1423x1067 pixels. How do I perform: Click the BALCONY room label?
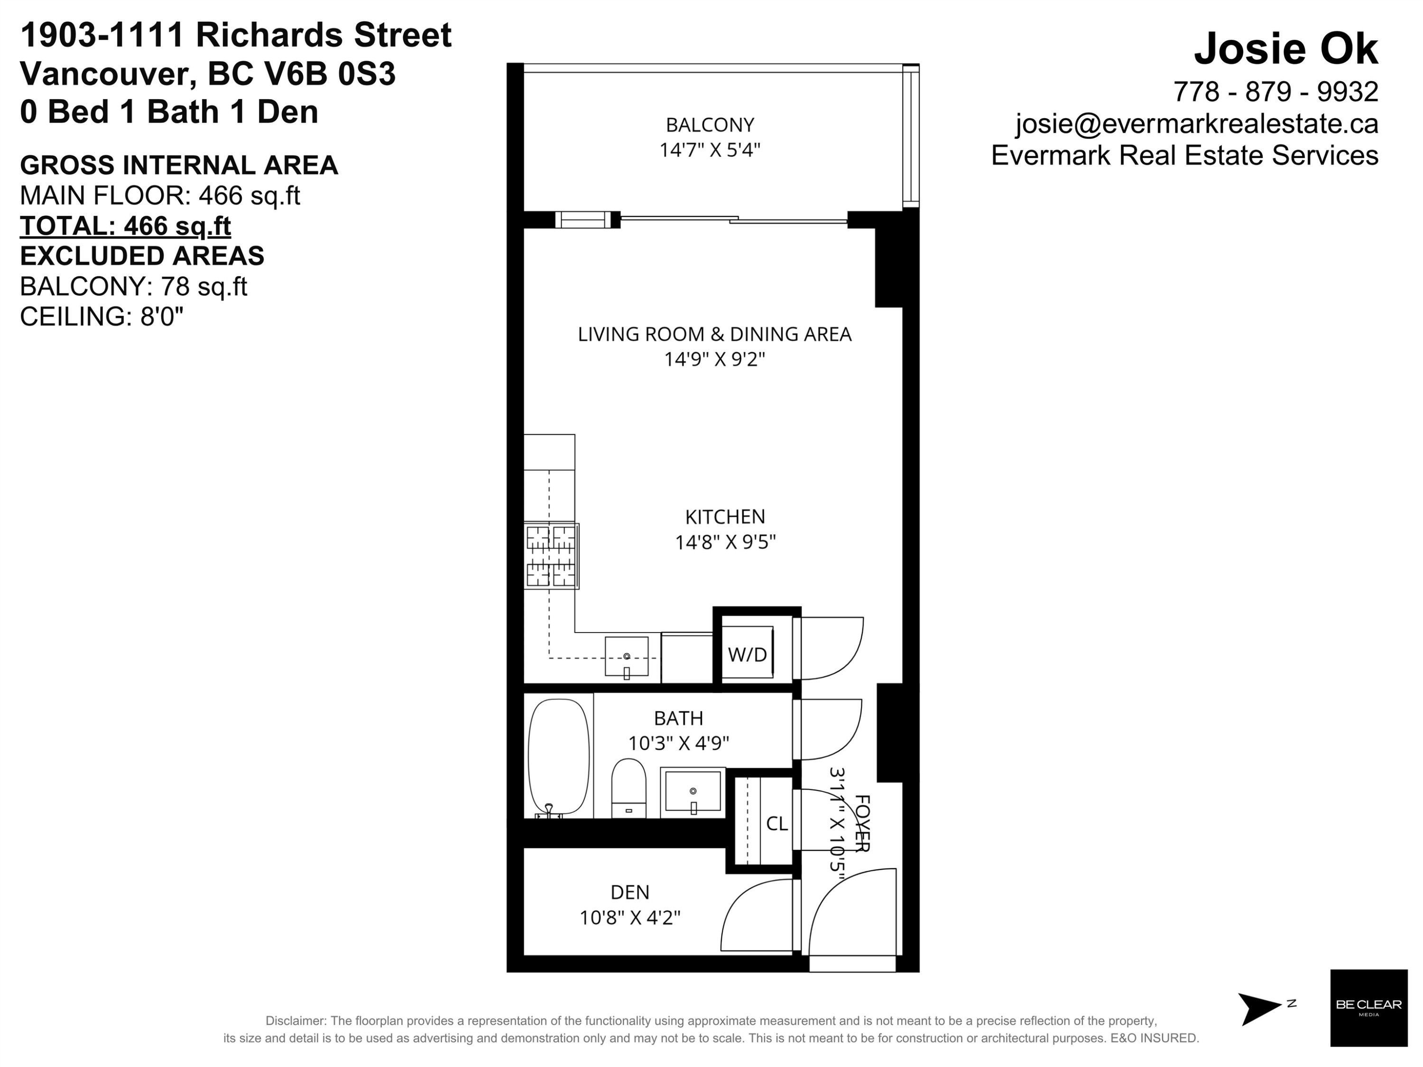(710, 124)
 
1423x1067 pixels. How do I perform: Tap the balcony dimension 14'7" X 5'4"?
(710, 150)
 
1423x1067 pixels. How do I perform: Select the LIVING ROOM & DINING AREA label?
(714, 334)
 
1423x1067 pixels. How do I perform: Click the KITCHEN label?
(725, 516)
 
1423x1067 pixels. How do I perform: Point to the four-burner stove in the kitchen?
(551, 556)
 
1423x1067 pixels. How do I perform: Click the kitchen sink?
(627, 657)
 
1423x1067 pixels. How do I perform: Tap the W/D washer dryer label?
(748, 655)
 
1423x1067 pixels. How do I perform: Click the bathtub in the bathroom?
(558, 758)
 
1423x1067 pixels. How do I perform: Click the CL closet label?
(776, 823)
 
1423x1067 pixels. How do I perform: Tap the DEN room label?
(630, 892)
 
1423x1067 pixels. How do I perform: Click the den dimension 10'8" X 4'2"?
(630, 917)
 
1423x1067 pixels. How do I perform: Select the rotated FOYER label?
(862, 824)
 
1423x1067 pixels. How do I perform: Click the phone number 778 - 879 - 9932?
(1275, 92)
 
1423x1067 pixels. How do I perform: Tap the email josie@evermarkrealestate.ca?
(1197, 123)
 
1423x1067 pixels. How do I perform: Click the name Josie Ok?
(1286, 48)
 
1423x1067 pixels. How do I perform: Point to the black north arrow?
(1260, 1009)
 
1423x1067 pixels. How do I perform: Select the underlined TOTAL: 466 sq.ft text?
(125, 226)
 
